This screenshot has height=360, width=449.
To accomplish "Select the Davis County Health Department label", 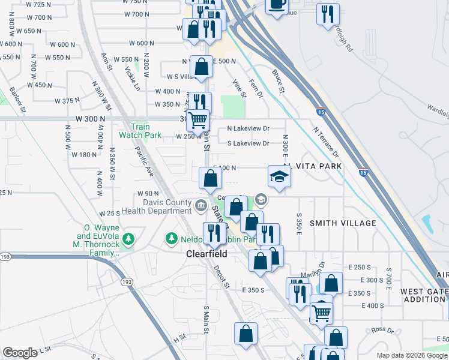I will pyautogui.click(x=156, y=207).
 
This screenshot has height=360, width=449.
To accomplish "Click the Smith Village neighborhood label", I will pyautogui.click(x=343, y=223).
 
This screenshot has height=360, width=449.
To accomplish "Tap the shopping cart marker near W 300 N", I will pyautogui.click(x=197, y=120).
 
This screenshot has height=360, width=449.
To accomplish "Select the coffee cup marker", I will pyautogui.click(x=276, y=5).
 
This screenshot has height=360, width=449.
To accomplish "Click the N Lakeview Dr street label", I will pyautogui.click(x=249, y=128).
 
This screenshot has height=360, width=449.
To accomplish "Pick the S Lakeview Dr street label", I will pyautogui.click(x=249, y=143).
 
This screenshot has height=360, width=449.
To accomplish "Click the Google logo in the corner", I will pyautogui.click(x=20, y=353).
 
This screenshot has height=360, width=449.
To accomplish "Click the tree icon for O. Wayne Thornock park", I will pyautogui.click(x=128, y=239).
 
